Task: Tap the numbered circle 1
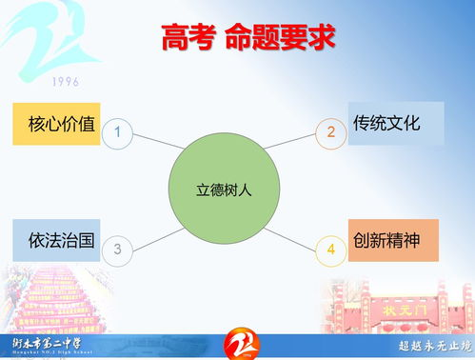117,132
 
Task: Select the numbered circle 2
331,132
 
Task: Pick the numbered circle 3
117,250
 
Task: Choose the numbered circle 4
331,250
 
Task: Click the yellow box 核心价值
57,124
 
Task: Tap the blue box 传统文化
395,123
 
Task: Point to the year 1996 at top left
67,81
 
